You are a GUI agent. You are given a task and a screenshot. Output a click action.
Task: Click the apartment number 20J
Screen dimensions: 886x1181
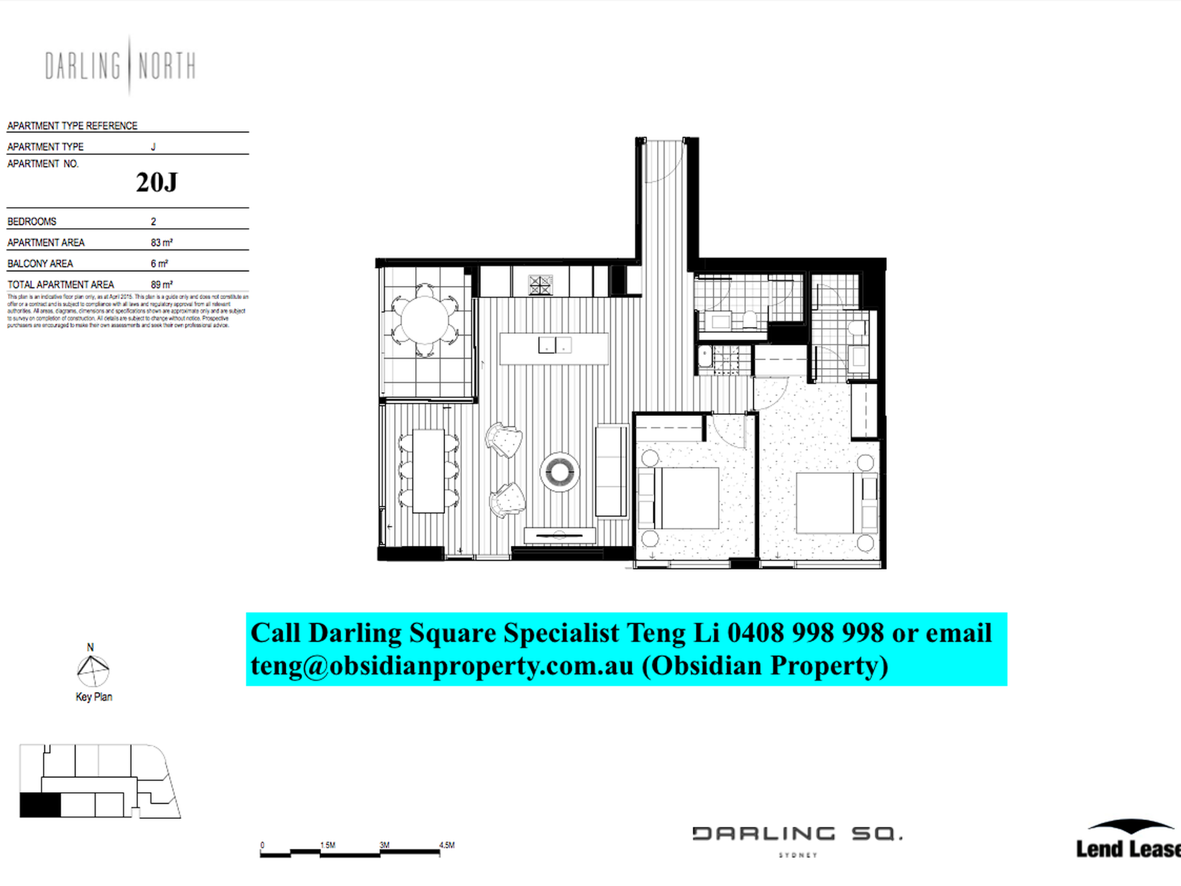[157, 182]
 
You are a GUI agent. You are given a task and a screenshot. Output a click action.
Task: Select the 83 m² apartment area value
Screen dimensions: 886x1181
[161, 242]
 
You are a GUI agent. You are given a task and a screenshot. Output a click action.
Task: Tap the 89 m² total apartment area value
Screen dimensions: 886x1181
[161, 285]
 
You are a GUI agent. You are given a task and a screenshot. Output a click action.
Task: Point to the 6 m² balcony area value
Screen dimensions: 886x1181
[159, 264]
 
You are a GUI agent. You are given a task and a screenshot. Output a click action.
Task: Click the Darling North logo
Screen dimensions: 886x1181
[121, 66]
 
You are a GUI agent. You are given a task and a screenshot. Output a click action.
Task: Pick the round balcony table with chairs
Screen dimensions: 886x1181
[425, 321]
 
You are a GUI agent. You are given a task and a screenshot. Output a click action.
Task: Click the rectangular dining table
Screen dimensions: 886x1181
[428, 471]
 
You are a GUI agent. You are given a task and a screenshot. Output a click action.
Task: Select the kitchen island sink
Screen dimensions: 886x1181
[554, 344]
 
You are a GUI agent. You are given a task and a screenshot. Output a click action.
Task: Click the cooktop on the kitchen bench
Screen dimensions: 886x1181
[540, 285]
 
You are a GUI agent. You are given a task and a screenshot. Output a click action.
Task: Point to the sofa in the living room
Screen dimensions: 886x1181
[611, 471]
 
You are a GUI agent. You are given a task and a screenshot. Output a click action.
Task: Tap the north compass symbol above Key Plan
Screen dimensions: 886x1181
[93, 670]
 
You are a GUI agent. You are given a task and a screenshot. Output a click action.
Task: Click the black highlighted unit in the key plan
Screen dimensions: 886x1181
[40, 805]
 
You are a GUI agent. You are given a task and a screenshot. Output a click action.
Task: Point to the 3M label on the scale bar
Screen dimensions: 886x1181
[384, 845]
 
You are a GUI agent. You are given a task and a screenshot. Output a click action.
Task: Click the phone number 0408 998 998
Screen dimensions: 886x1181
[805, 633]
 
